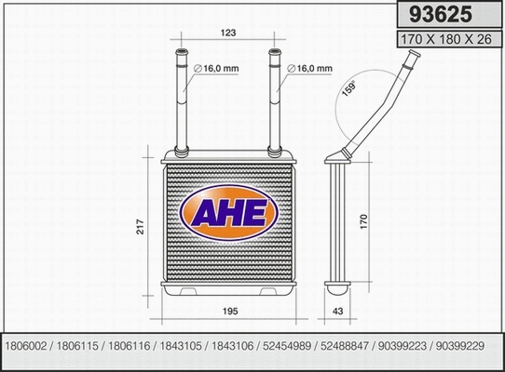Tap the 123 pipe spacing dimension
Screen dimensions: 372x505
(227, 33)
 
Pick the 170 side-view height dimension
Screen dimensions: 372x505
(364, 224)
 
